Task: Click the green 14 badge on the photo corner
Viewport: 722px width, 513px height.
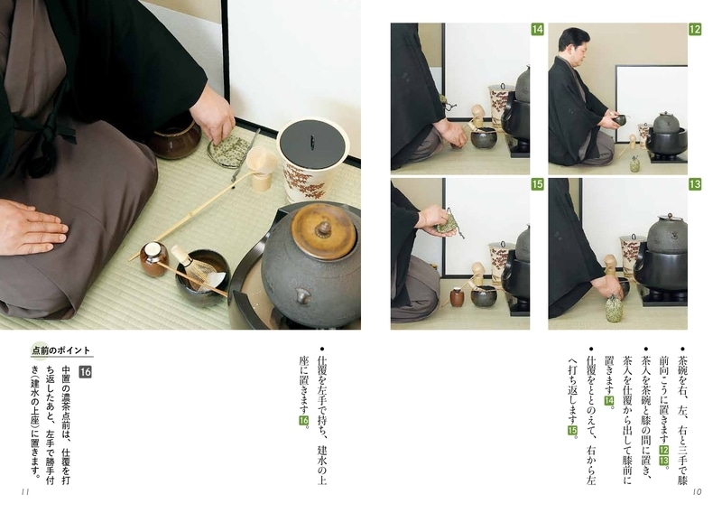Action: pyautogui.click(x=537, y=30)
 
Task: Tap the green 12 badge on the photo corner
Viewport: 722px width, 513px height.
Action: pyautogui.click(x=695, y=30)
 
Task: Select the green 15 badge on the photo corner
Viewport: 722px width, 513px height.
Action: pyautogui.click(x=537, y=184)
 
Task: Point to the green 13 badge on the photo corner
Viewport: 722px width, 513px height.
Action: pyautogui.click(x=695, y=184)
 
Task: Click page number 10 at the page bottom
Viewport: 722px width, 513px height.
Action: pyautogui.click(x=696, y=492)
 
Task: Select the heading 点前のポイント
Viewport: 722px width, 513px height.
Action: pyautogui.click(x=61, y=350)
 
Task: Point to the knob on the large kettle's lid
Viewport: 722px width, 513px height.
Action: pyautogui.click(x=320, y=226)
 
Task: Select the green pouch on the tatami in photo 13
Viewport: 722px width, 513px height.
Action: pyautogui.click(x=615, y=307)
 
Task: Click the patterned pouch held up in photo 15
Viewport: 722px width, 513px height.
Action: pyautogui.click(x=434, y=219)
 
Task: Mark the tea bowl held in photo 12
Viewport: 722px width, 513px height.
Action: pyautogui.click(x=620, y=119)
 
